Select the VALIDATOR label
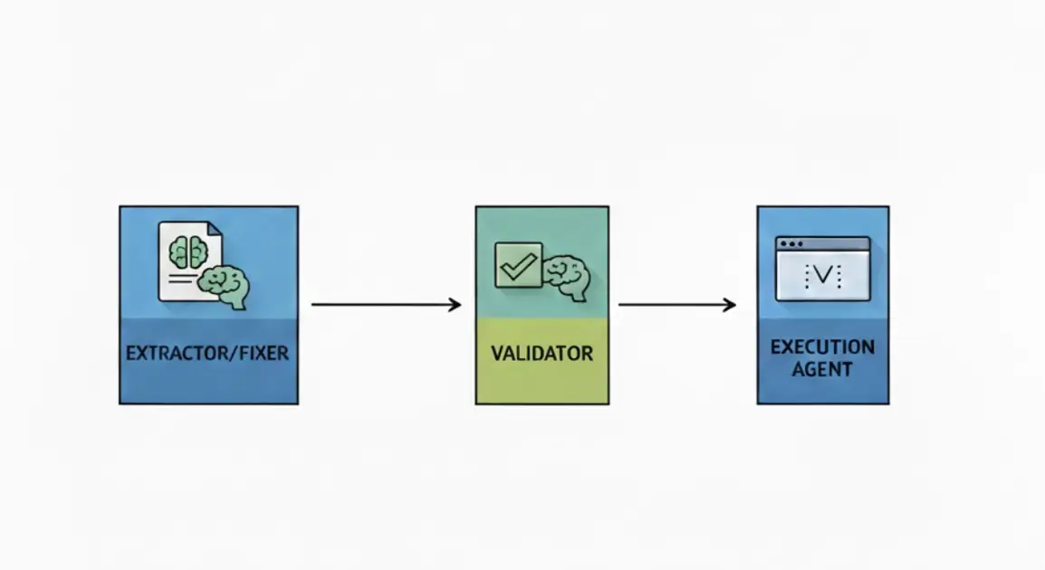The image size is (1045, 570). click(542, 353)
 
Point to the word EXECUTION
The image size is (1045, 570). click(822, 347)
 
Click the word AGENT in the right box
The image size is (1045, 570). click(822, 369)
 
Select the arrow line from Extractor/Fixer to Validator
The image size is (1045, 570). click(380, 305)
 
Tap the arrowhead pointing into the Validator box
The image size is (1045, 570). click(455, 305)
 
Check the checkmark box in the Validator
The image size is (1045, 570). click(518, 265)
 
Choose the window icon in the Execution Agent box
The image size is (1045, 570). click(822, 269)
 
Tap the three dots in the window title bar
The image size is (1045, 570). click(791, 244)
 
